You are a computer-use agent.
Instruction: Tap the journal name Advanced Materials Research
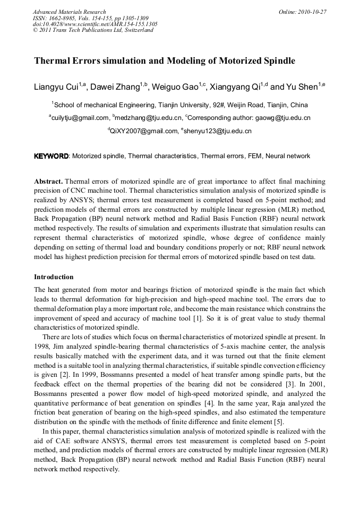(69, 12)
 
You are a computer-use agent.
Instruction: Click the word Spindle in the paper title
(277, 61)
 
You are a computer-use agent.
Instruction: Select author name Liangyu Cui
(57, 87)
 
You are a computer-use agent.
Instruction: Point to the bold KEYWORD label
(51, 156)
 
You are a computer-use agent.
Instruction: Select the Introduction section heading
(54, 277)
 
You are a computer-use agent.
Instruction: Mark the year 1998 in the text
(42, 346)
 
